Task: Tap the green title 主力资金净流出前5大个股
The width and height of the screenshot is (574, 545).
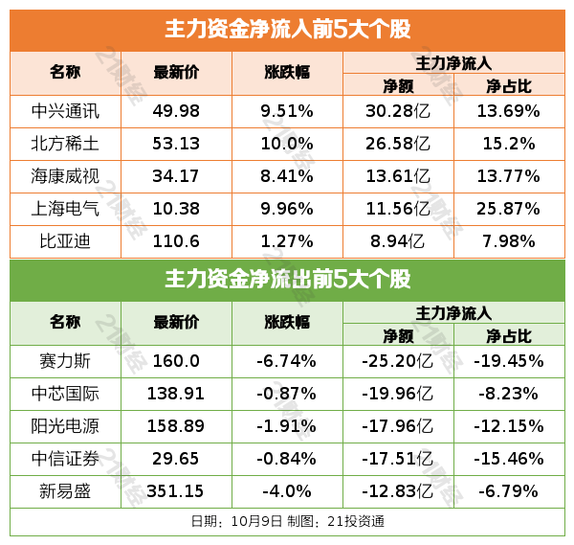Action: pyautogui.click(x=287, y=280)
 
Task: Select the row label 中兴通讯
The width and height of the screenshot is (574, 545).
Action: pyautogui.click(x=65, y=110)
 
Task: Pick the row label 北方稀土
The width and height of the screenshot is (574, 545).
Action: pyautogui.click(x=65, y=144)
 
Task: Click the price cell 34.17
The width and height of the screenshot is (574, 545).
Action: pyautogui.click(x=176, y=176)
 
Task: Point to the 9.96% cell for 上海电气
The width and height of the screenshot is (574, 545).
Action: pyautogui.click(x=287, y=210)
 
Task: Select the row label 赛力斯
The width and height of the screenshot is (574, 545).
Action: pyautogui.click(x=65, y=361)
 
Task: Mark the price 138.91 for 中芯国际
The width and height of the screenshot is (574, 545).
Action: pyautogui.click(x=176, y=394)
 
